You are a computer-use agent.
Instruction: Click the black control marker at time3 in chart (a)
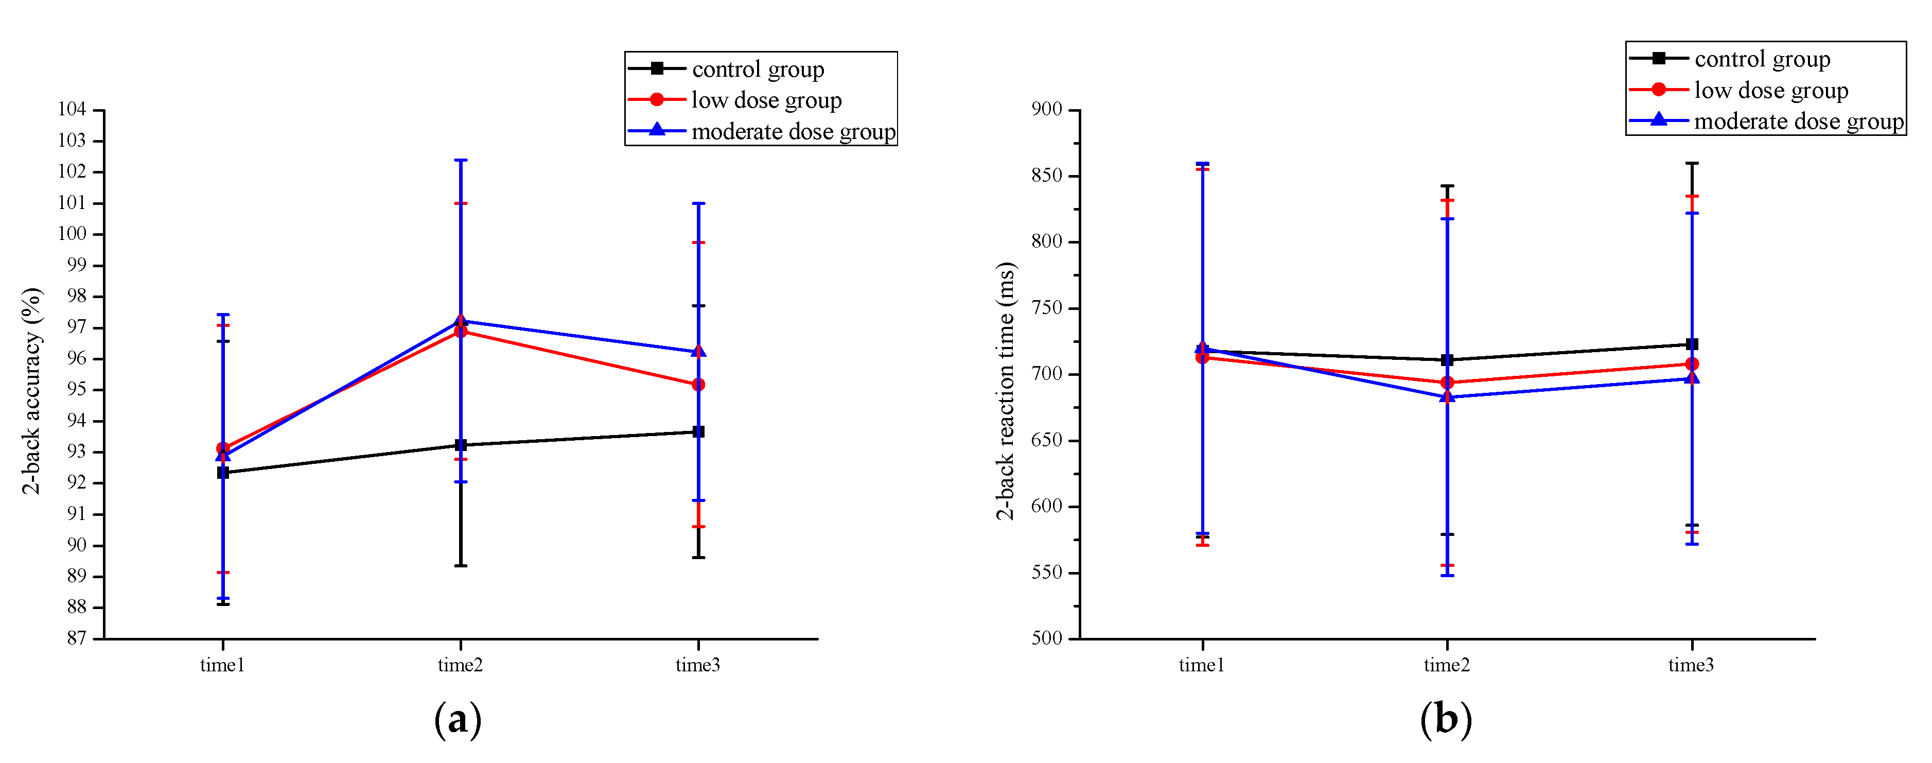coord(698,431)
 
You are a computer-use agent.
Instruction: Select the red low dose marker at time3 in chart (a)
coord(698,385)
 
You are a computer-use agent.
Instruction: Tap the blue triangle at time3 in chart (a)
coord(698,351)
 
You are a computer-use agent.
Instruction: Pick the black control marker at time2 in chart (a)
coord(461,445)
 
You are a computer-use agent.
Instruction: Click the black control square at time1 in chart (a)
coord(223,473)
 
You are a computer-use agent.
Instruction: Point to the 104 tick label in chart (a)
coord(72,110)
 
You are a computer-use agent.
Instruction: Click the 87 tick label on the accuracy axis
coord(76,638)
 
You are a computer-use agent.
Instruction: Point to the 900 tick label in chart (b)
coord(1047,110)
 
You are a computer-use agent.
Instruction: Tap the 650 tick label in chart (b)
coord(1047,440)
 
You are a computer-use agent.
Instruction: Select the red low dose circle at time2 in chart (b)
coord(1448,383)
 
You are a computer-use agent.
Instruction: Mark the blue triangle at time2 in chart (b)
coord(1448,396)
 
